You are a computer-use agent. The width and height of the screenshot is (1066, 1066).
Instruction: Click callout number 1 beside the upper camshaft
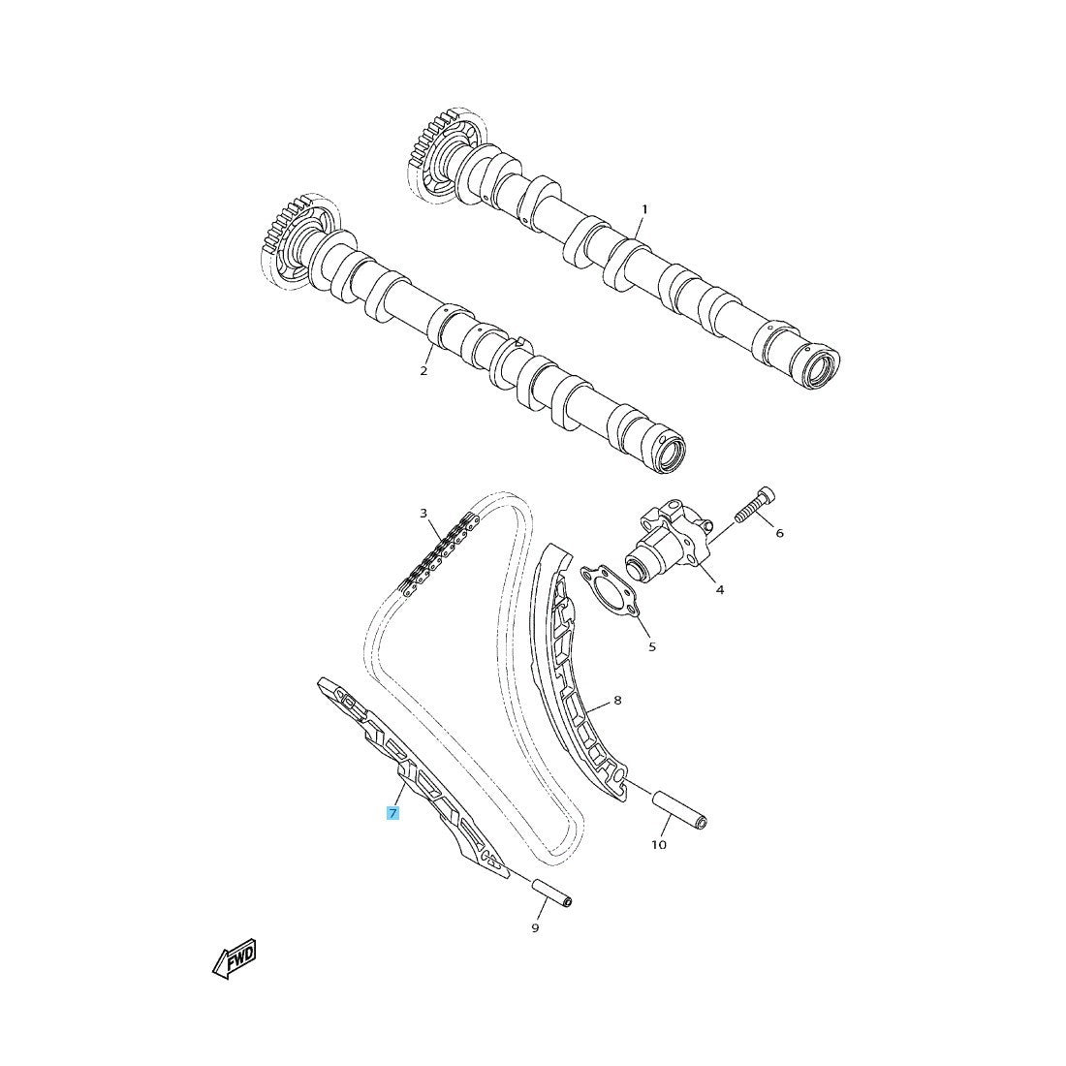[643, 209]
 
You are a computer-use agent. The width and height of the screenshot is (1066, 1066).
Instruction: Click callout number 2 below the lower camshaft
[423, 371]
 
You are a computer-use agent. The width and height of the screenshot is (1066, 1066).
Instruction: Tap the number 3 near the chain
[423, 513]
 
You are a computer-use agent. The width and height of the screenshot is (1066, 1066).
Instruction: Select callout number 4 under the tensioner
[719, 589]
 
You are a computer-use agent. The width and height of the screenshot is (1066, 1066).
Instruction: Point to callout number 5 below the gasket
[651, 646]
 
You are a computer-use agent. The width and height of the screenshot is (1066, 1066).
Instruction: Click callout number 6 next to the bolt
[779, 533]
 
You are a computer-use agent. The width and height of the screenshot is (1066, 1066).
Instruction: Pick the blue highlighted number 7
[392, 813]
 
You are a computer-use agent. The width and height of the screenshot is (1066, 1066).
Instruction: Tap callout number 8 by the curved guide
[617, 700]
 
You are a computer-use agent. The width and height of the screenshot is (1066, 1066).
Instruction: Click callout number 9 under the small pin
[535, 928]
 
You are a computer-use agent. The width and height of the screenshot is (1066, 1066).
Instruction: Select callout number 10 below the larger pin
[659, 845]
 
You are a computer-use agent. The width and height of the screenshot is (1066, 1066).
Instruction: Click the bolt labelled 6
[756, 507]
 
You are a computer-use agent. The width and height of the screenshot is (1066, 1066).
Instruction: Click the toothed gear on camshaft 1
[431, 155]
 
